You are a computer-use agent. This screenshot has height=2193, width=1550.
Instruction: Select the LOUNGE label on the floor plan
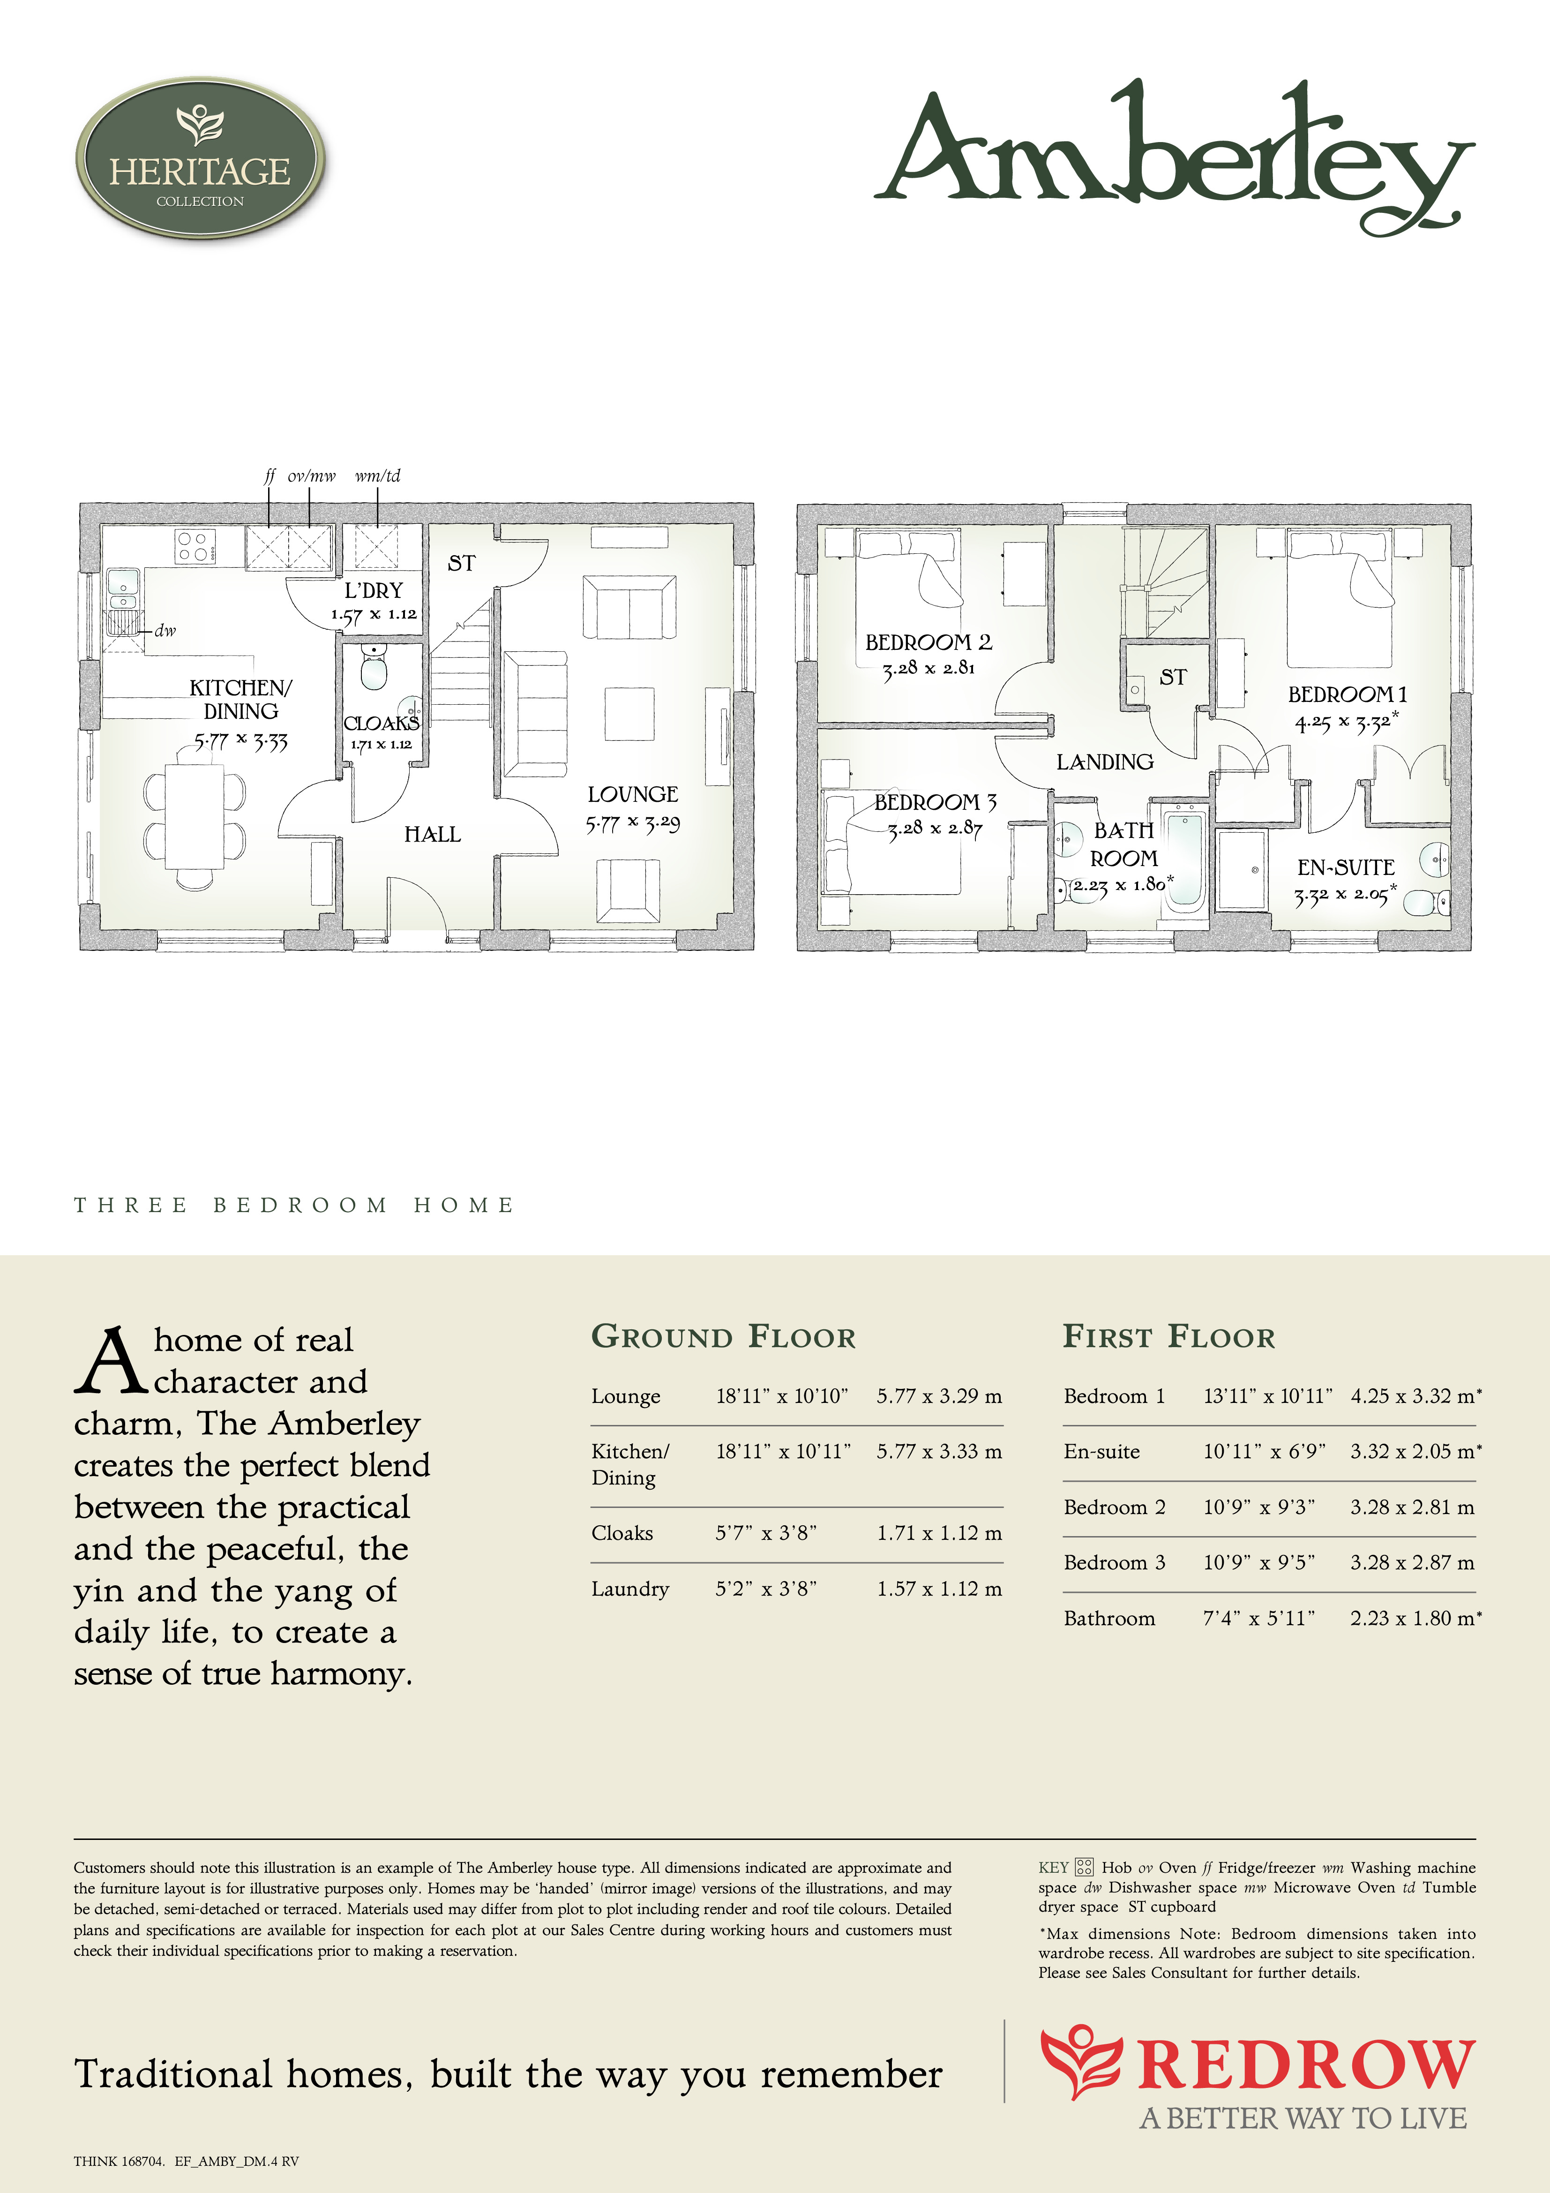pos(632,795)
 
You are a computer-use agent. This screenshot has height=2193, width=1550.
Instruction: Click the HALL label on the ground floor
pos(433,835)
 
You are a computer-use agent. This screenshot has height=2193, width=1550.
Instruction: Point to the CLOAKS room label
pos(381,723)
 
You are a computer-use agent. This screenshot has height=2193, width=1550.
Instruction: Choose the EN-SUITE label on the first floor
pos(1346,867)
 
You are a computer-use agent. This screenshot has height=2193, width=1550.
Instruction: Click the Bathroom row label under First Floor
pos(1110,1618)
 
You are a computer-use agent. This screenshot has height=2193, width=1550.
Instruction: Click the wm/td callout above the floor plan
pos(377,475)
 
